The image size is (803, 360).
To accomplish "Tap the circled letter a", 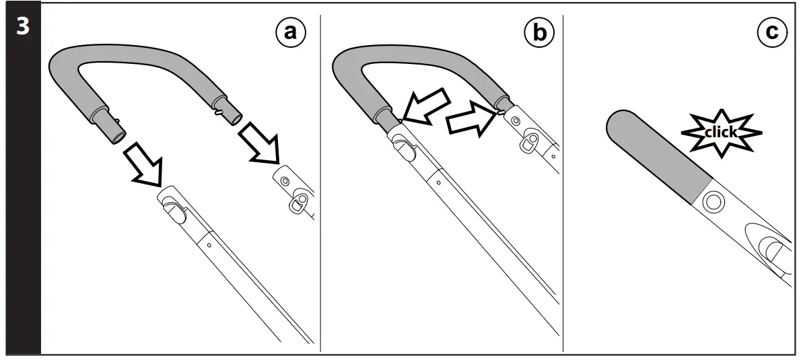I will point(289,32).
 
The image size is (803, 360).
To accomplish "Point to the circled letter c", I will point(771,32).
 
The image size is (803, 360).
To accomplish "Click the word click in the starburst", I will point(720,132).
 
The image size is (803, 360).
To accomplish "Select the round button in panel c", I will point(713,201).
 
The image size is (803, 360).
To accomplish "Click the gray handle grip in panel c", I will point(656,154).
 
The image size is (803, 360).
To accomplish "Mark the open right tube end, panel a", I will point(232,118).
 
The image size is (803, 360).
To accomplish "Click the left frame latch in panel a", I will point(174,209).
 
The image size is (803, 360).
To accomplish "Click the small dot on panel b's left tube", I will point(438,181).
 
